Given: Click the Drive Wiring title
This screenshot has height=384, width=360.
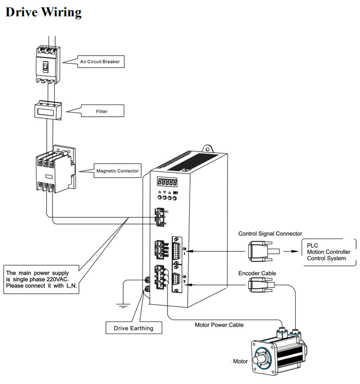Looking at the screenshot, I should coord(43,12).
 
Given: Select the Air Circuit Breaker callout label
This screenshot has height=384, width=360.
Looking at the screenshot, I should coord(100,61).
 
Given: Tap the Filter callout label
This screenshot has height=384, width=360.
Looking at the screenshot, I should coord(101,111).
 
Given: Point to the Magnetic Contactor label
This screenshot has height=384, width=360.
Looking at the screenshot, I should coord(118,170).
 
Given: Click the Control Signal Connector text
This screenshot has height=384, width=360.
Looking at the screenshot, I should coord(270,234).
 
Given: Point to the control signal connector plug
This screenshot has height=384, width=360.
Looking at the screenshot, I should coord(260,251).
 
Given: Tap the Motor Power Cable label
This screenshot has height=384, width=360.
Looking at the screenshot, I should coord(219,325).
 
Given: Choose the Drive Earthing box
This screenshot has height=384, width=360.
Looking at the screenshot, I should coord(133,328).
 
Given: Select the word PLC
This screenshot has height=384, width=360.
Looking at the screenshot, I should coord(312,245).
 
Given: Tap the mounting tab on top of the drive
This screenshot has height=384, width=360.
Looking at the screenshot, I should coord(208,145).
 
